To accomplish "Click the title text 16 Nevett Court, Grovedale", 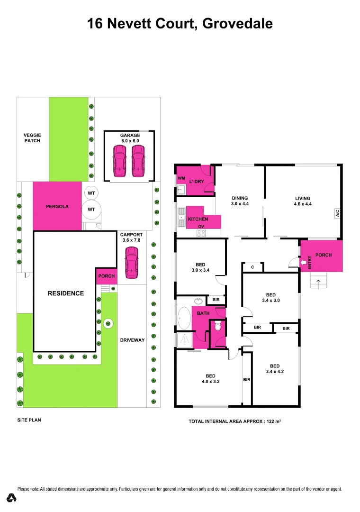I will [180, 24].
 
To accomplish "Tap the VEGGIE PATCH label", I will [32, 138].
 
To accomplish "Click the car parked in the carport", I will [131, 264].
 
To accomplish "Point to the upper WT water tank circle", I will [91, 193].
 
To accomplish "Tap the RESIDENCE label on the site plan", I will [65, 293].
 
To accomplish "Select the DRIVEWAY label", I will [132, 340].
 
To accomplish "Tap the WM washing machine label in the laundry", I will [181, 178].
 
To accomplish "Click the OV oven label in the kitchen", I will [201, 227].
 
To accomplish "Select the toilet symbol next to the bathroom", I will [217, 326].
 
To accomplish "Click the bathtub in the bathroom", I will [183, 318].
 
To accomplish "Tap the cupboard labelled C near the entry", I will [252, 267].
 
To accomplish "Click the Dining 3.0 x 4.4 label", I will [240, 201].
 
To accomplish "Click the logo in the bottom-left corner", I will [12, 498].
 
